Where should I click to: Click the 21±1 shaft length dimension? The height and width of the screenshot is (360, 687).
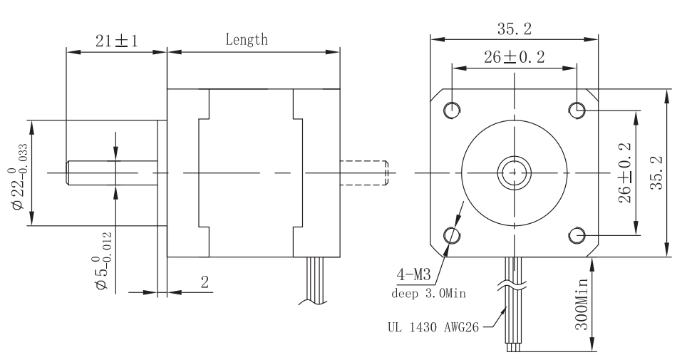tap(116, 41)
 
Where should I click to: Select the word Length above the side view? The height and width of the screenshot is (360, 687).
tap(247, 40)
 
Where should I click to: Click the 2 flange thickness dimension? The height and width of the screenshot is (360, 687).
tap(205, 282)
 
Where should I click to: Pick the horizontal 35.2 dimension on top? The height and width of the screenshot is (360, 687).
tap(515, 29)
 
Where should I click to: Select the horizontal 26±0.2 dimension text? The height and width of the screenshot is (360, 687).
tap(515, 58)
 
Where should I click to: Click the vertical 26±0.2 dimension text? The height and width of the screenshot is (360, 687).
tap(626, 172)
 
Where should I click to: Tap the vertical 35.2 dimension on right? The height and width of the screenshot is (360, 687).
tap(658, 172)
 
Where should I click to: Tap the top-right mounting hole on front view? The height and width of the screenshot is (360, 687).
tap(578, 109)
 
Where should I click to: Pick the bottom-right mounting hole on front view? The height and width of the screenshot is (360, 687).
tap(578, 235)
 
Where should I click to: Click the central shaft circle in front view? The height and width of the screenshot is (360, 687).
tap(515, 172)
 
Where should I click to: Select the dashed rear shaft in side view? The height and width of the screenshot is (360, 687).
tap(365, 172)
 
